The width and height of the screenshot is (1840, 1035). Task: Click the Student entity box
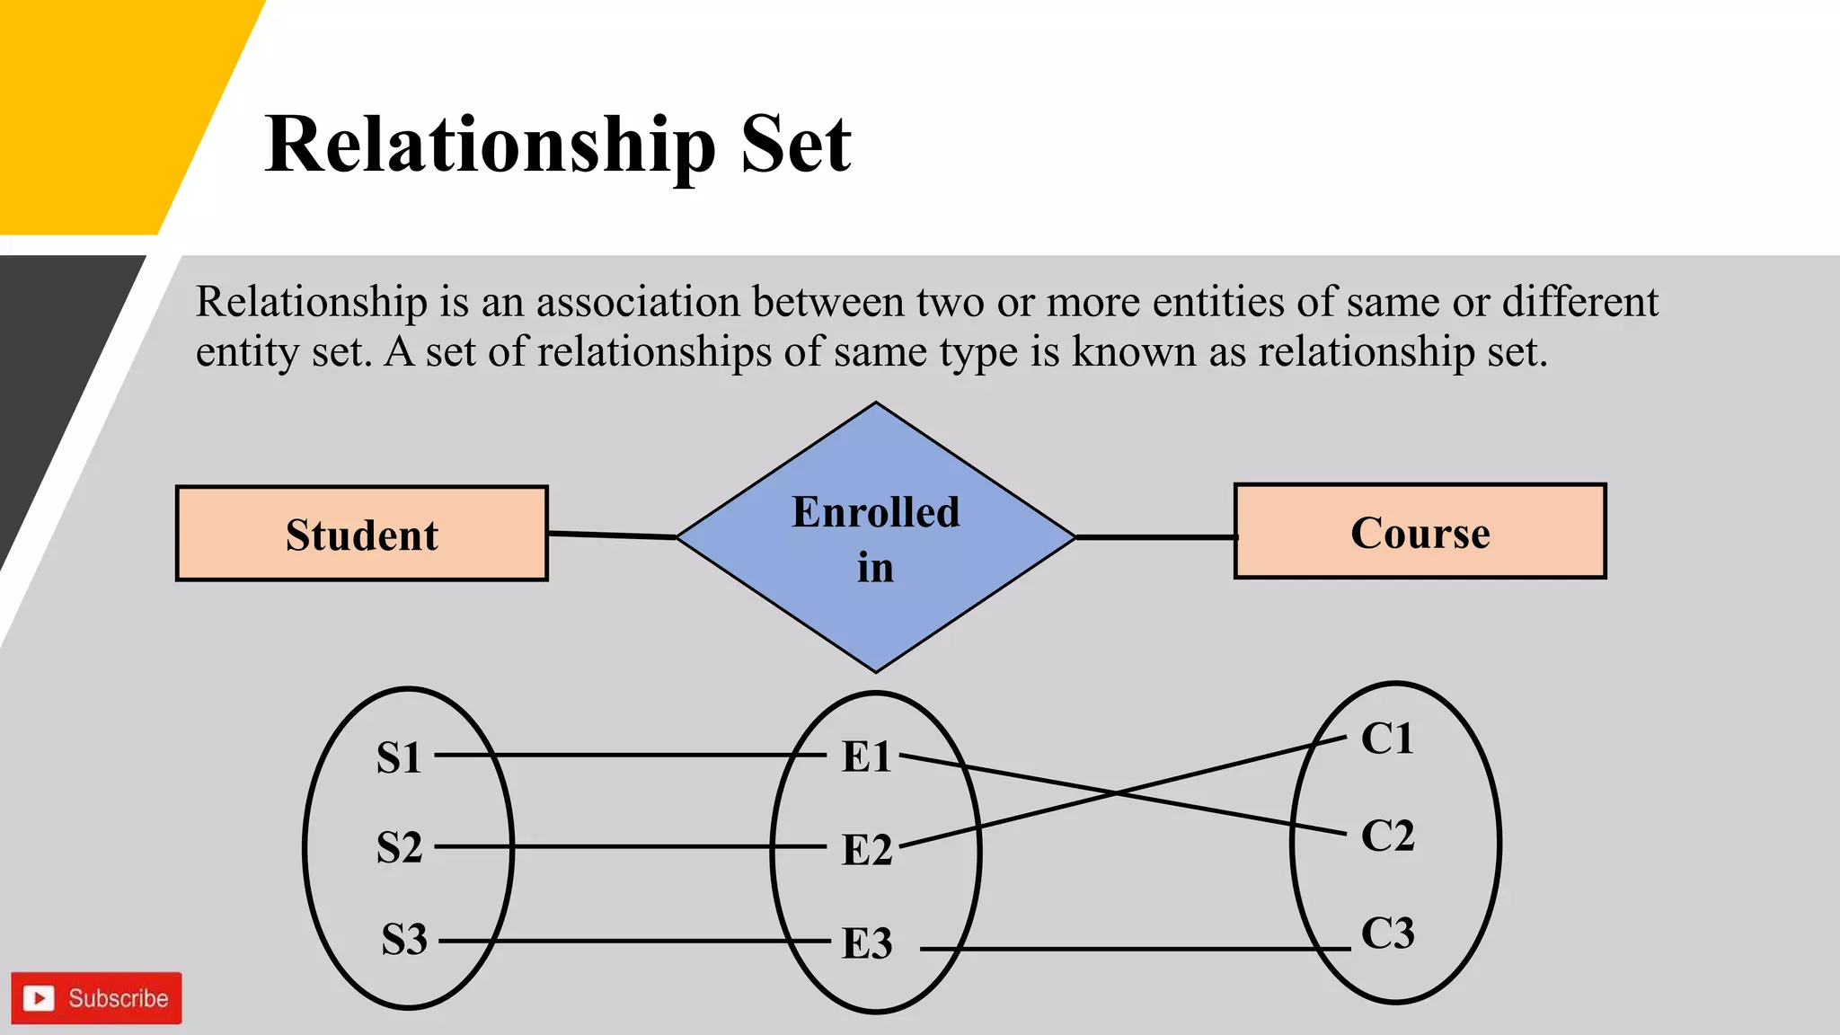(362, 534)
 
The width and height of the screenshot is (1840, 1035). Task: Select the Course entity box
(1420, 532)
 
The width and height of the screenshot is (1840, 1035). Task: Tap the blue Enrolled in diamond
(876, 537)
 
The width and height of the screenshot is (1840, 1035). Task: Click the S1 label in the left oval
(399, 757)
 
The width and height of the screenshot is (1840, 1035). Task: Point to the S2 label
(399, 847)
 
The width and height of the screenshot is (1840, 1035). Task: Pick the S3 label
(403, 940)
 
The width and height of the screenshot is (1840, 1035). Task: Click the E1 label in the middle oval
(866, 756)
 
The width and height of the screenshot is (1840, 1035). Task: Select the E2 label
(866, 850)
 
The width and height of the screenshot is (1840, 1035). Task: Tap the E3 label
(866, 943)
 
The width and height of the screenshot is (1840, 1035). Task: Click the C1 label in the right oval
(1387, 739)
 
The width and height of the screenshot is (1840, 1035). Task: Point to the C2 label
(1387, 836)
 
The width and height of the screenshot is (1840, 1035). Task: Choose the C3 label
(1387, 933)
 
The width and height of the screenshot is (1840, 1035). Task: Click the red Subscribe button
(96, 998)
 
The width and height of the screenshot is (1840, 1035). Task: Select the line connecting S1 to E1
(629, 756)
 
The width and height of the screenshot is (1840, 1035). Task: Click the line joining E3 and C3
(1132, 949)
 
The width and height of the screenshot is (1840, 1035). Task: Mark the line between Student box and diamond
(611, 535)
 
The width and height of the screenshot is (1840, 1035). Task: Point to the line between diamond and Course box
(1155, 537)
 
